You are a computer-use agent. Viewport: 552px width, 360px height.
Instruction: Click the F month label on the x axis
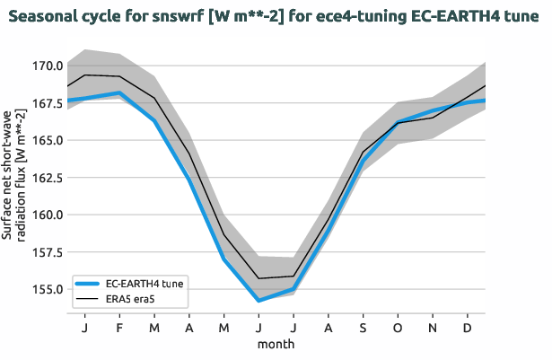(119, 329)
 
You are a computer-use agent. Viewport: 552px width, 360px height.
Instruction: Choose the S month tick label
(364, 329)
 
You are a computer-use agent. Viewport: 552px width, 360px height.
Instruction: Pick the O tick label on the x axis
(398, 329)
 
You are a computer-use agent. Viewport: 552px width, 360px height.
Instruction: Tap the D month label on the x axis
(468, 329)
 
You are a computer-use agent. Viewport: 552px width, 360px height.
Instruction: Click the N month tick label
(433, 329)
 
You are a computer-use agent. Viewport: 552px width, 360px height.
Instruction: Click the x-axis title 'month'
(276, 344)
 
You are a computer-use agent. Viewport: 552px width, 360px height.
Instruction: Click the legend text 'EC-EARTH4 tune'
(145, 283)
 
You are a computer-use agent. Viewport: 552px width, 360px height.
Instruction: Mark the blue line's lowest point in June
(258, 301)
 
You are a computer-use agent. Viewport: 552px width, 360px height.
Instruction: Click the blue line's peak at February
(119, 93)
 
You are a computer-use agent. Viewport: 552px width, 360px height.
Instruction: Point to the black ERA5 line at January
(84, 75)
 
